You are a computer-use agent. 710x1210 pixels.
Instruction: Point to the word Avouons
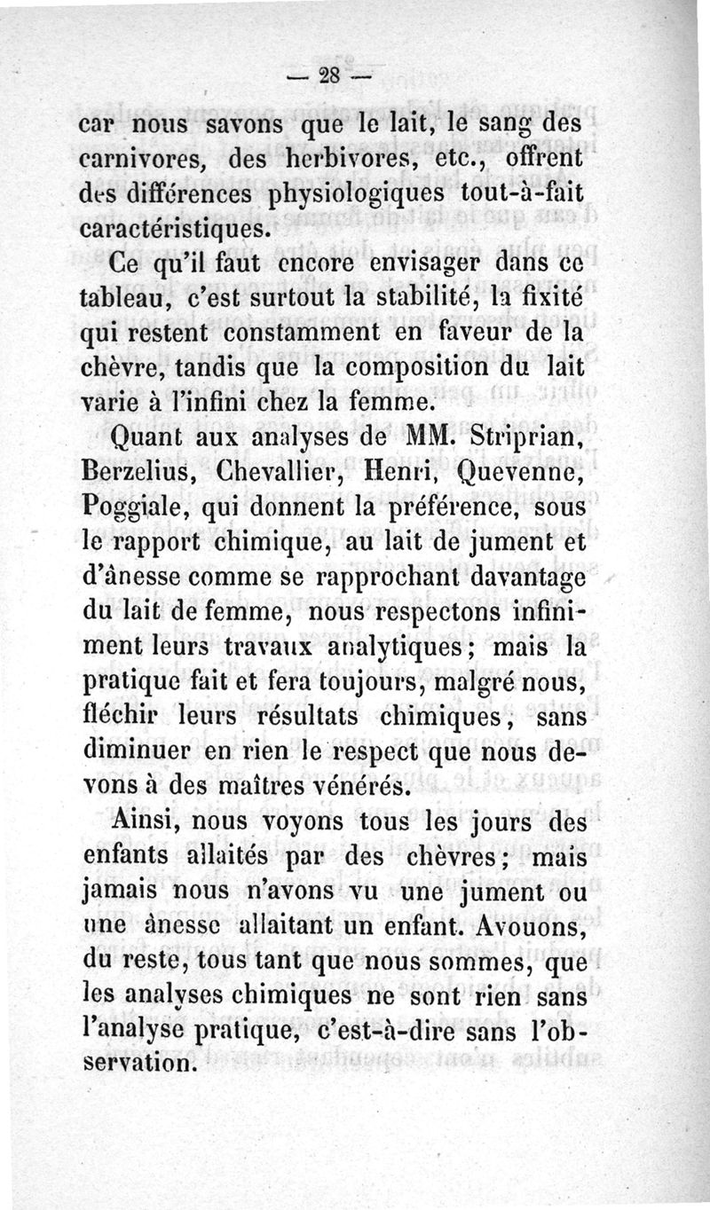[x=536, y=927]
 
